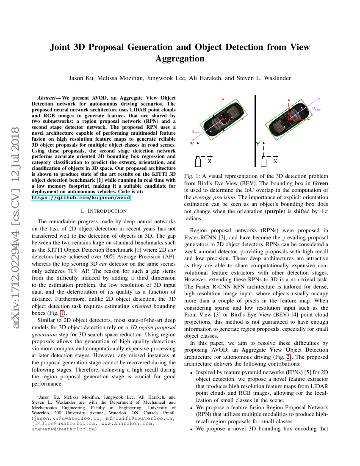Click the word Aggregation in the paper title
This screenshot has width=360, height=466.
pyautogui.click(x=180, y=58)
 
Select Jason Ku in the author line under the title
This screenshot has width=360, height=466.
pyautogui.click(x=80, y=78)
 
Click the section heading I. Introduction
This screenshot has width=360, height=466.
pyautogui.click(x=104, y=211)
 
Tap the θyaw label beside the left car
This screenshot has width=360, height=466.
pyautogui.click(x=196, y=132)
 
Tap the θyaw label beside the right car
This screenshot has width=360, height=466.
pyautogui.click(x=316, y=108)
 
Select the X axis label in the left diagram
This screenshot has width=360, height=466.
pyautogui.click(x=209, y=161)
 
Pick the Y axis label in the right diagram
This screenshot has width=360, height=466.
pyautogui.click(x=258, y=144)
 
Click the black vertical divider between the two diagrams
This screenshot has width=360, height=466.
pyautogui.click(x=255, y=131)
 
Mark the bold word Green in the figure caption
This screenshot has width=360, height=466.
pyautogui.click(x=320, y=183)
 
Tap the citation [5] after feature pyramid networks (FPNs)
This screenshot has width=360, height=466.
pyautogui.click(x=292, y=372)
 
